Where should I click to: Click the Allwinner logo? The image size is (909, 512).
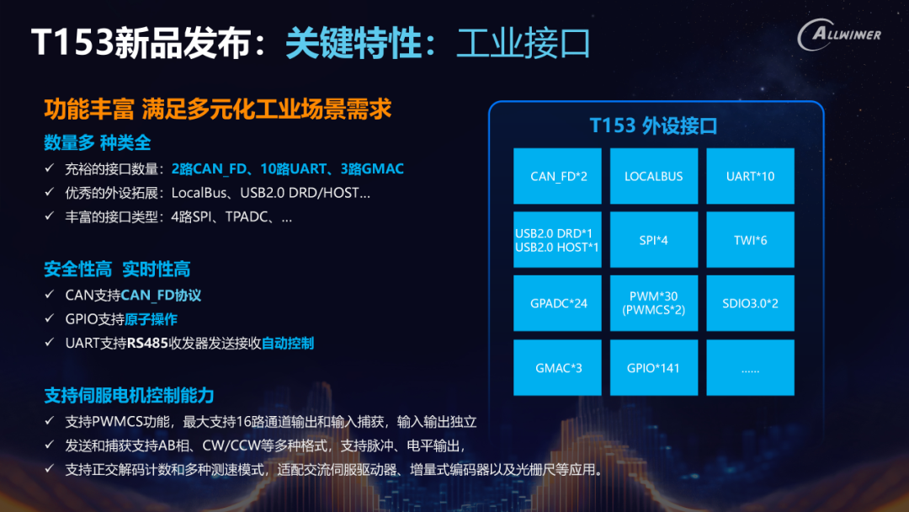click(839, 35)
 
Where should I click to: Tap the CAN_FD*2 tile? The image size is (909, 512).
click(558, 176)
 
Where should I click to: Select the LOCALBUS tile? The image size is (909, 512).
click(654, 176)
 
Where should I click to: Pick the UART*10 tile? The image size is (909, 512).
click(750, 176)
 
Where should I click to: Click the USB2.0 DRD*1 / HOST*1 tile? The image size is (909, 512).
click(558, 239)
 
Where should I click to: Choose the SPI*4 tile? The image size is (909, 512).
click(654, 239)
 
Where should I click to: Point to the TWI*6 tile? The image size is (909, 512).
click(750, 239)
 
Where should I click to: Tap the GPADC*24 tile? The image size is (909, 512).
click(558, 303)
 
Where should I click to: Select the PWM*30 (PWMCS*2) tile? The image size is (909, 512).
click(654, 303)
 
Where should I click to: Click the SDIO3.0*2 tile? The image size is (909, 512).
click(750, 303)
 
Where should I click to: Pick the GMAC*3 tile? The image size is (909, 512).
click(558, 368)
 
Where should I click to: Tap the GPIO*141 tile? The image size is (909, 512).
click(654, 368)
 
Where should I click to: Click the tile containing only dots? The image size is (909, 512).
click(750, 368)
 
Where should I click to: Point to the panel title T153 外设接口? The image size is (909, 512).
click(653, 125)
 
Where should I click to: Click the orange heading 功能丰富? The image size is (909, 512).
click(89, 109)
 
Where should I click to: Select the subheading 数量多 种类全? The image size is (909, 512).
click(98, 142)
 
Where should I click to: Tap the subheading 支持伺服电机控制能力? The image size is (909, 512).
click(130, 396)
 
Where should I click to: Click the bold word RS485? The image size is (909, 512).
click(147, 344)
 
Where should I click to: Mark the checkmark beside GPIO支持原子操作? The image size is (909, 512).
click(50, 318)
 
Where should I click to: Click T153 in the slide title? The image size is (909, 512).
click(72, 42)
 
